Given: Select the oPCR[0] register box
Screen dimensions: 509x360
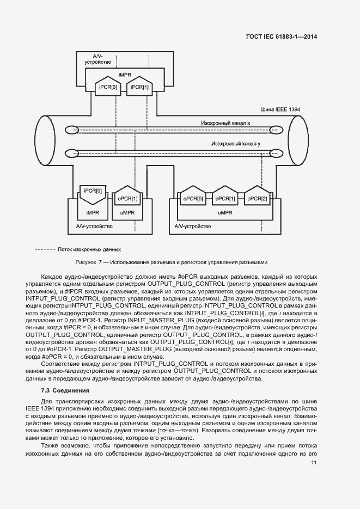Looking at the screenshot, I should point(193,199).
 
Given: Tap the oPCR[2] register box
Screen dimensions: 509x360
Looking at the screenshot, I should point(257,199).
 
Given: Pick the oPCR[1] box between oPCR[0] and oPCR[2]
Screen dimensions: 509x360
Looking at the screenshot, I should point(225,199).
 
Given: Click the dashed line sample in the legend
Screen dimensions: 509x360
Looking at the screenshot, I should point(45,250).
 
